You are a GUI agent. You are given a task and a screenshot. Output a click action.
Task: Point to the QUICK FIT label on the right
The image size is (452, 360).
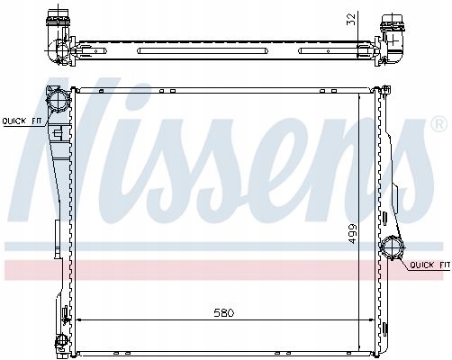429,265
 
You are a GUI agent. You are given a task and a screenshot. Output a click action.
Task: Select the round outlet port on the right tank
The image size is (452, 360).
394,248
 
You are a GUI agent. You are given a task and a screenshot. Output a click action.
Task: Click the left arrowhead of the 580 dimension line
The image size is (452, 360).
79,319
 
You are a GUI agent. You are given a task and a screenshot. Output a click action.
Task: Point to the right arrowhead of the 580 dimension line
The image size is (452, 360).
370,319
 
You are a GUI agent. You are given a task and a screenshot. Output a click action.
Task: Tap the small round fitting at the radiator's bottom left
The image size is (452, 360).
59,339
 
